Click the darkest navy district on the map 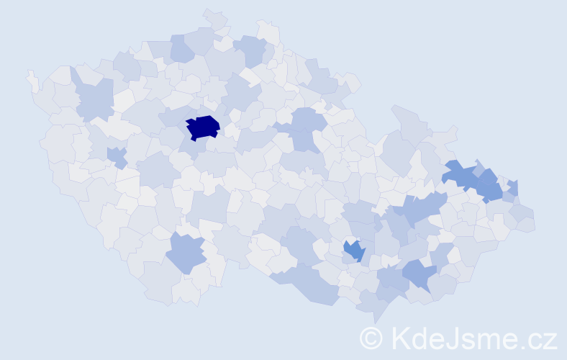[x=202, y=127]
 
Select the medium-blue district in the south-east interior [x=354, y=251]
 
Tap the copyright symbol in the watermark [x=371, y=337]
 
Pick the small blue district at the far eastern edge [x=513, y=188]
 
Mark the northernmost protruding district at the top [x=214, y=18]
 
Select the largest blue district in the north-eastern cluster [x=461, y=175]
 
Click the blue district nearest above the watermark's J [x=419, y=274]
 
